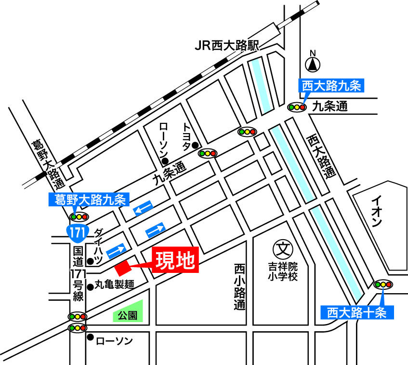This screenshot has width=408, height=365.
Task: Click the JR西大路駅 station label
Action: (x=227, y=46)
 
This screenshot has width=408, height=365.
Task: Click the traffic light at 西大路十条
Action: (x=383, y=284)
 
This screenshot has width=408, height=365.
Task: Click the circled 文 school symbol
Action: (x=281, y=249)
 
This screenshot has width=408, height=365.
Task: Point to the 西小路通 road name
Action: (x=239, y=286)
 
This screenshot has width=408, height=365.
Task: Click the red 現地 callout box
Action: (x=175, y=260)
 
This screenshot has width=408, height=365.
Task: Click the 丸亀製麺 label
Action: (x=114, y=284)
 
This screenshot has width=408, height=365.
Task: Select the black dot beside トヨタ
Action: (x=195, y=145)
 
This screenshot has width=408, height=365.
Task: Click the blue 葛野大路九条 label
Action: (x=88, y=198)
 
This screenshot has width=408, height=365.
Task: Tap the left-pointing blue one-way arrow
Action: (x=144, y=208)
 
